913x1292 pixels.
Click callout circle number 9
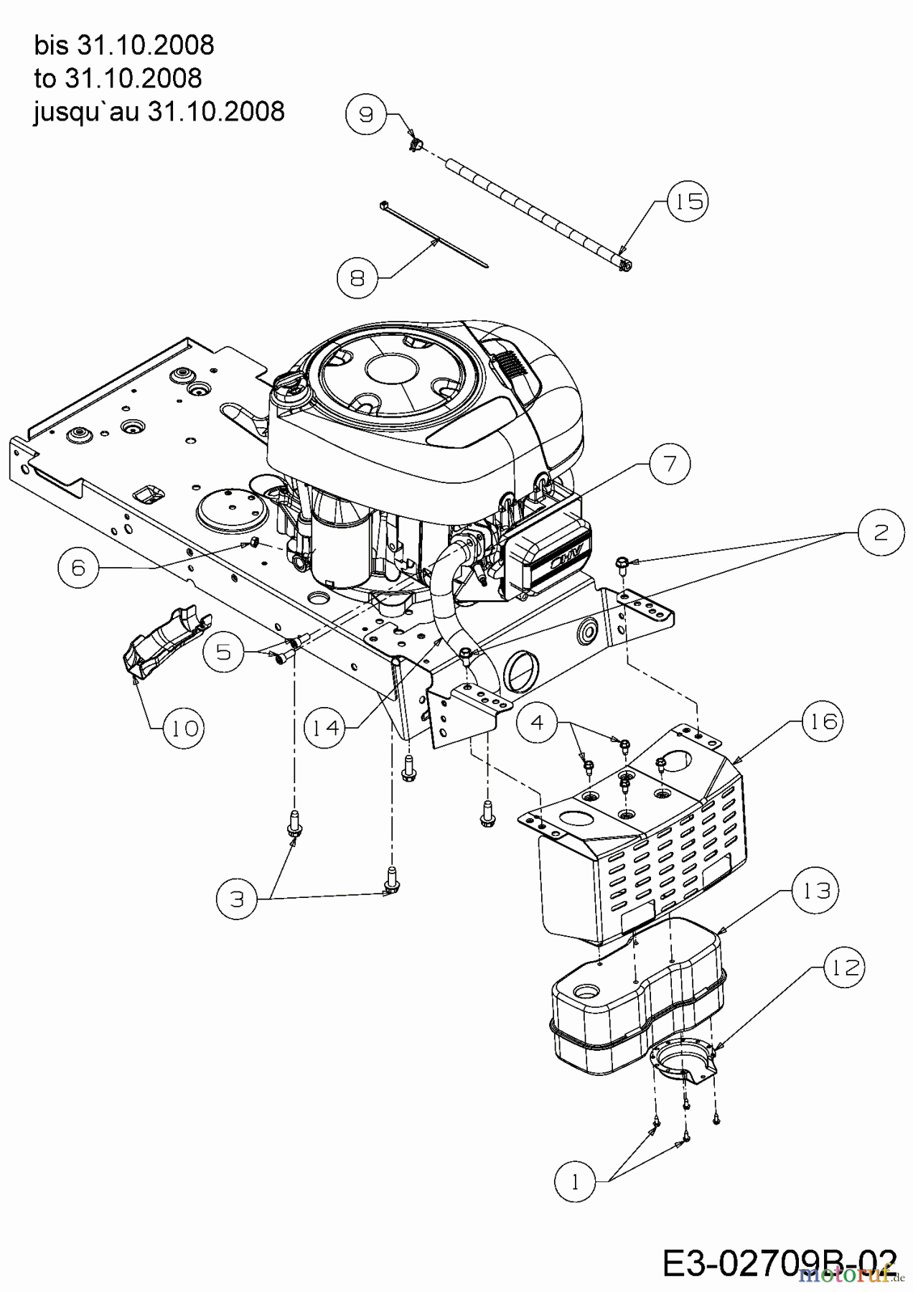tap(366, 114)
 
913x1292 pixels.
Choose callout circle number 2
tap(880, 533)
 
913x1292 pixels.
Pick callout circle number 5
tap(223, 652)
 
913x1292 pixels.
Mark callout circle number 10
tap(184, 728)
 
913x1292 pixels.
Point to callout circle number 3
tap(238, 899)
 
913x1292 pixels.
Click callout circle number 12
tap(846, 968)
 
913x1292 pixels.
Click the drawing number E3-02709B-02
tap(779, 1263)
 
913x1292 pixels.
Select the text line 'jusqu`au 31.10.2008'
tap(159, 111)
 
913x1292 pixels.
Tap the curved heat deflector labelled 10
tap(164, 641)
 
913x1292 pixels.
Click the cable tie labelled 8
tap(434, 233)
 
